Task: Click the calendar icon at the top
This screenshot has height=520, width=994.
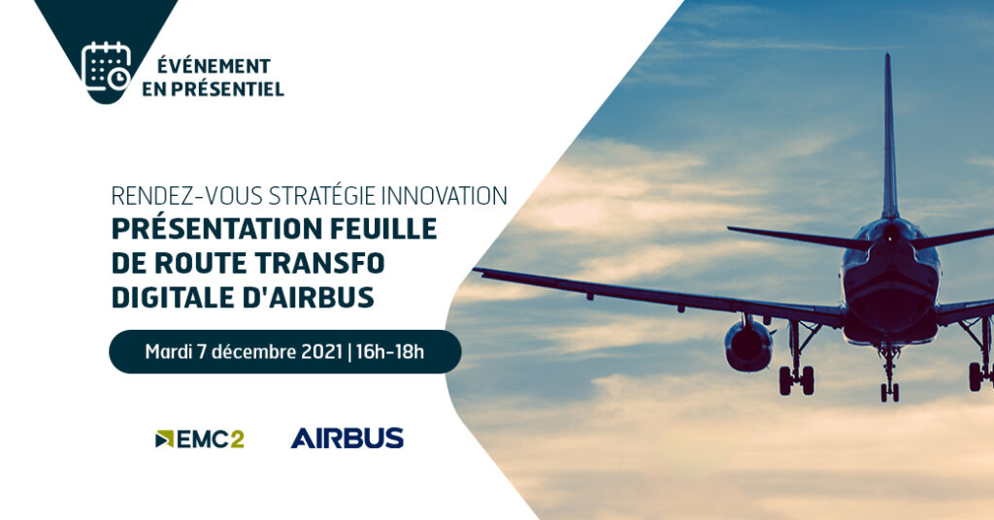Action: pos(106,67)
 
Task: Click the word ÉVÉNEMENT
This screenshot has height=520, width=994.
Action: pos(214,66)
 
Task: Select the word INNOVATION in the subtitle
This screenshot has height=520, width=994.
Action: pos(444,196)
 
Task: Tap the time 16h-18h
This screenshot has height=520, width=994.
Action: pos(390,351)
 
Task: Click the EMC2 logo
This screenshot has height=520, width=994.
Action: pos(200,439)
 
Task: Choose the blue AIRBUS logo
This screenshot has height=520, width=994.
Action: pos(347,439)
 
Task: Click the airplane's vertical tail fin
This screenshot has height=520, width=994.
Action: pos(889,136)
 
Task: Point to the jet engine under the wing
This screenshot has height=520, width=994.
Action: pos(748,345)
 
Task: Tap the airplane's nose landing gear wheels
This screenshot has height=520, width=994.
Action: pos(889,392)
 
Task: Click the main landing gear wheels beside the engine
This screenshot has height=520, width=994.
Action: pos(796,380)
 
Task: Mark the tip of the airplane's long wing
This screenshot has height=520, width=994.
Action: pos(476,271)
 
